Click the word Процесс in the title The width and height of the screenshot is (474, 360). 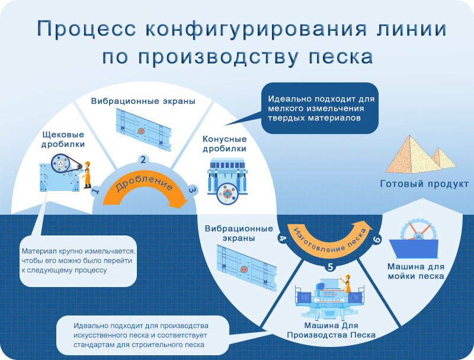pyautogui.click(x=87, y=28)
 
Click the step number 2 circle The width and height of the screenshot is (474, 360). pyautogui.click(x=143, y=160)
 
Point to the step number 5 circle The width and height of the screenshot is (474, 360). pyautogui.click(x=330, y=267)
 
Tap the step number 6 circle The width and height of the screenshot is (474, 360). pyautogui.click(x=377, y=239)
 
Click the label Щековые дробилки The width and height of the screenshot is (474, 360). pyautogui.click(x=63, y=139)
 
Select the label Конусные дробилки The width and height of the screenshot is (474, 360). pyautogui.click(x=225, y=144)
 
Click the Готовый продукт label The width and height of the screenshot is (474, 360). pyautogui.click(x=424, y=184)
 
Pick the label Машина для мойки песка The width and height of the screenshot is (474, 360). pyautogui.click(x=416, y=272)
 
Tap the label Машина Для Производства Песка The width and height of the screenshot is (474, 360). pyautogui.click(x=331, y=330)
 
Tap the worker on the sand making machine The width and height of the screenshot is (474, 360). pyautogui.click(x=347, y=283)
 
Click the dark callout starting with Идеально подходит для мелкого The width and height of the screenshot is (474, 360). pyautogui.click(x=320, y=109)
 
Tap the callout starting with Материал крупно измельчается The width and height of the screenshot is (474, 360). pyautogui.click(x=78, y=261)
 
